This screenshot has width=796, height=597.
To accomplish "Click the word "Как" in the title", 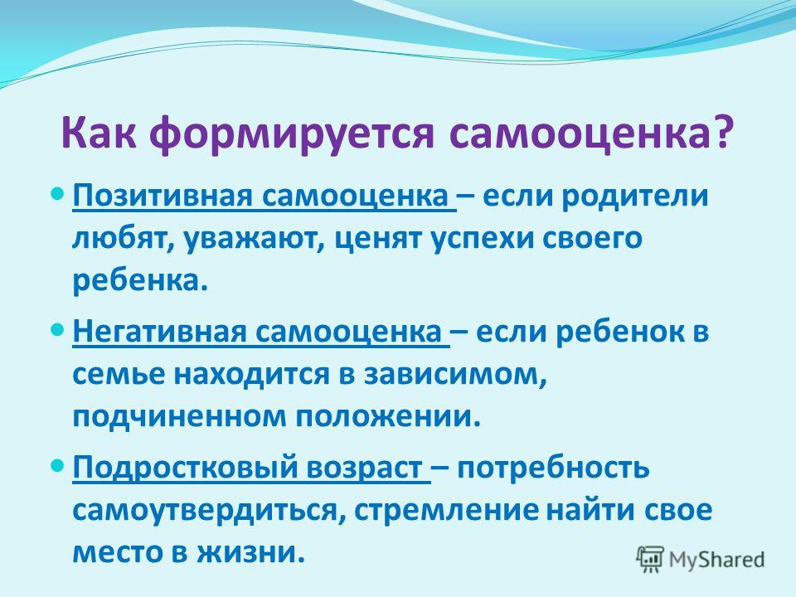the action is (99, 132).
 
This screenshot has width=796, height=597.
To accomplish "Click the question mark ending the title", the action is (722, 132).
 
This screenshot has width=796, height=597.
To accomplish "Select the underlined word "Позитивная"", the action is (163, 196).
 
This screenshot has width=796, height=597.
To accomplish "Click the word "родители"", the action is (634, 196).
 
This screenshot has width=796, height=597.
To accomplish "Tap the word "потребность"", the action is (553, 468).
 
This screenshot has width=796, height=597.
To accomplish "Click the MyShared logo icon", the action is (650, 560).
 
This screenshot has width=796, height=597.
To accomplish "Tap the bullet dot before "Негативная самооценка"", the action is (58, 330).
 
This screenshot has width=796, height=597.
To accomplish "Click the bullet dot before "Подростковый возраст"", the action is (58, 465).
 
